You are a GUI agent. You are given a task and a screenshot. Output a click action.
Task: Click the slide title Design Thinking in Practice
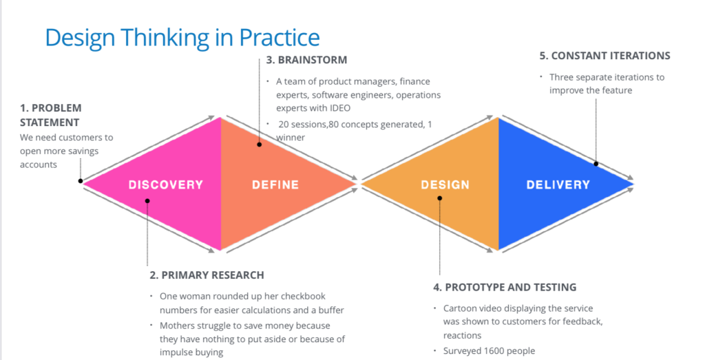(182, 37)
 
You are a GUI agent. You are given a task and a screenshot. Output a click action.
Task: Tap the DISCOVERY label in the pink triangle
(166, 184)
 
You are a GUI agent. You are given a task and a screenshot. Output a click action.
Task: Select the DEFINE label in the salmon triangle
(275, 184)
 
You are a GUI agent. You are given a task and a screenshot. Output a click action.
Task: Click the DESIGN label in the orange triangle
(445, 184)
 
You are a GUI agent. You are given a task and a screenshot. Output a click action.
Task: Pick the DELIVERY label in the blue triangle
(558, 184)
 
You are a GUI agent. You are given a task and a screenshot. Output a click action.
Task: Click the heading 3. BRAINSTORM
(306, 60)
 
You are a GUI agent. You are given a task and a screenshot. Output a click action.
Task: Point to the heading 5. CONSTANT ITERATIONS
(604, 56)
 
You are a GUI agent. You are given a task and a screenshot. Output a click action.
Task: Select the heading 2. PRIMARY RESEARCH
(207, 275)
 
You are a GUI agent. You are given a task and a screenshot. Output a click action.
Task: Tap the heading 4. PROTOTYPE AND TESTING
(505, 287)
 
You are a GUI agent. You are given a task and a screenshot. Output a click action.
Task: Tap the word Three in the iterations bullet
(562, 77)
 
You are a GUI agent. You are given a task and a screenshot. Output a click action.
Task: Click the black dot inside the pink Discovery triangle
(147, 201)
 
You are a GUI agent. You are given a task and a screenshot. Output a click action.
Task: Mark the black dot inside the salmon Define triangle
(259, 145)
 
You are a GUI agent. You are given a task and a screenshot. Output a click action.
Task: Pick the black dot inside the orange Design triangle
(440, 198)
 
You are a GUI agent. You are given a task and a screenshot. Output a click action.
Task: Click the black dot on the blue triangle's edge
(596, 164)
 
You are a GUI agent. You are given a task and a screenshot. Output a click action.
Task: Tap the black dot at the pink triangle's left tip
(81, 182)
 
